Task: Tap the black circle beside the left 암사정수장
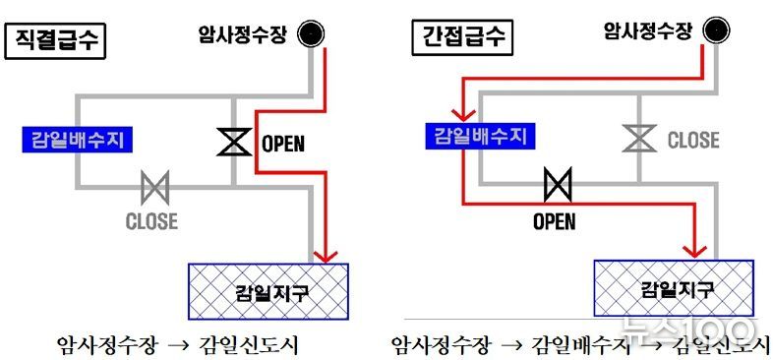(x=313, y=33)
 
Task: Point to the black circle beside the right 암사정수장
(x=716, y=30)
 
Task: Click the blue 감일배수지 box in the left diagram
(x=78, y=139)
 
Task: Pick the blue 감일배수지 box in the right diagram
(x=481, y=136)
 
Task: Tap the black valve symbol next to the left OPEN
(x=233, y=143)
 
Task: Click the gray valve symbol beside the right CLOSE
(x=639, y=139)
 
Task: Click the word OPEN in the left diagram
(x=283, y=144)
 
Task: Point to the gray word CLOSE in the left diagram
(x=151, y=220)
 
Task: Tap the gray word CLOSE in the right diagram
(x=694, y=140)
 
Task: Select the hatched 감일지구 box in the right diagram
(x=674, y=289)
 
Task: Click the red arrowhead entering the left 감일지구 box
(x=323, y=255)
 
